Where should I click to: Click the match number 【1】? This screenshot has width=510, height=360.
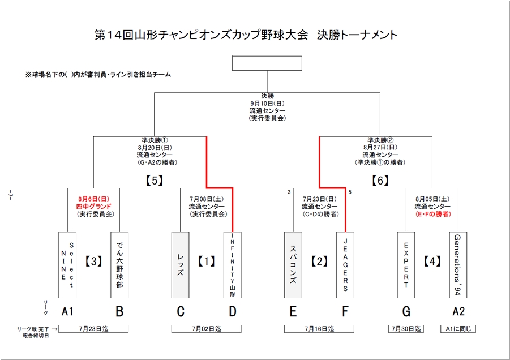(206, 261)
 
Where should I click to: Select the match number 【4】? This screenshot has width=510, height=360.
(432, 261)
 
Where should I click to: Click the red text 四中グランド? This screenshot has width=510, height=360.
(95, 207)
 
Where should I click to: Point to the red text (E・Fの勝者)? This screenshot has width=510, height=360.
(432, 215)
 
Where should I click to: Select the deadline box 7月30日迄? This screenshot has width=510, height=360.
(406, 329)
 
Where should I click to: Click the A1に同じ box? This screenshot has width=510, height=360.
(458, 329)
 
